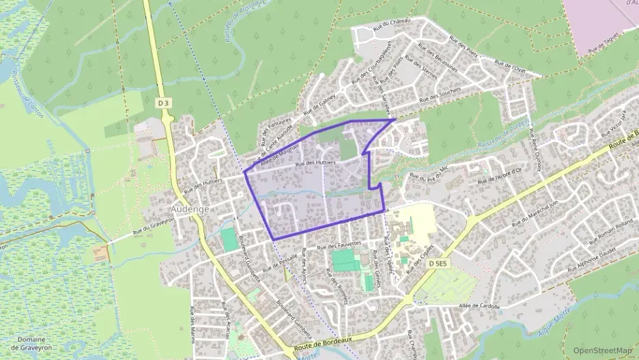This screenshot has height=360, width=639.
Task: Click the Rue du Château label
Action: tap(392, 24)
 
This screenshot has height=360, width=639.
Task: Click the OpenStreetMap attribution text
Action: tap(603, 350)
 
